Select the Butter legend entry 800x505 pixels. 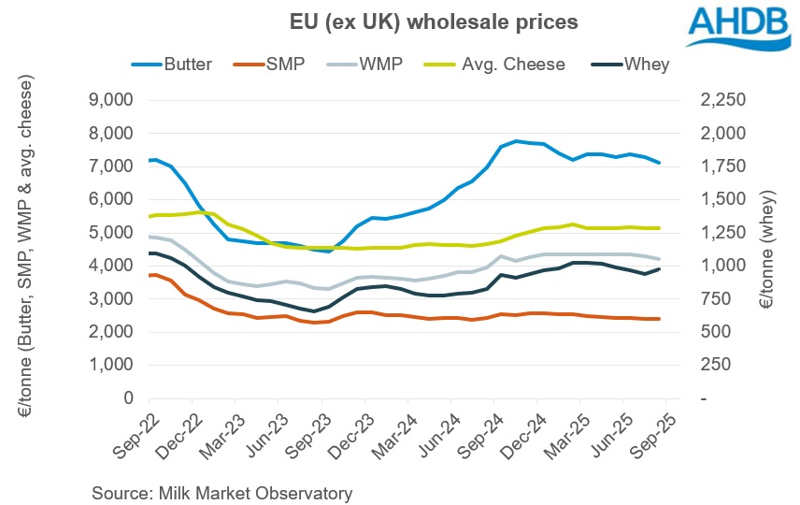[185, 64]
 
